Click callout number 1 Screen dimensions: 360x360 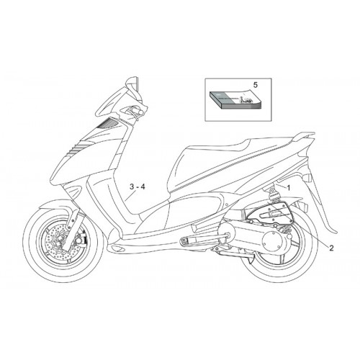[x=289, y=188]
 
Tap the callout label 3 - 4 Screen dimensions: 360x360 [x=138, y=187]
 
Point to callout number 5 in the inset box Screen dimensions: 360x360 [x=255, y=85]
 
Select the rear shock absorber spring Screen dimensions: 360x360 [x=272, y=197]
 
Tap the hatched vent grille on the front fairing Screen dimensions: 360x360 [x=107, y=124]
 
